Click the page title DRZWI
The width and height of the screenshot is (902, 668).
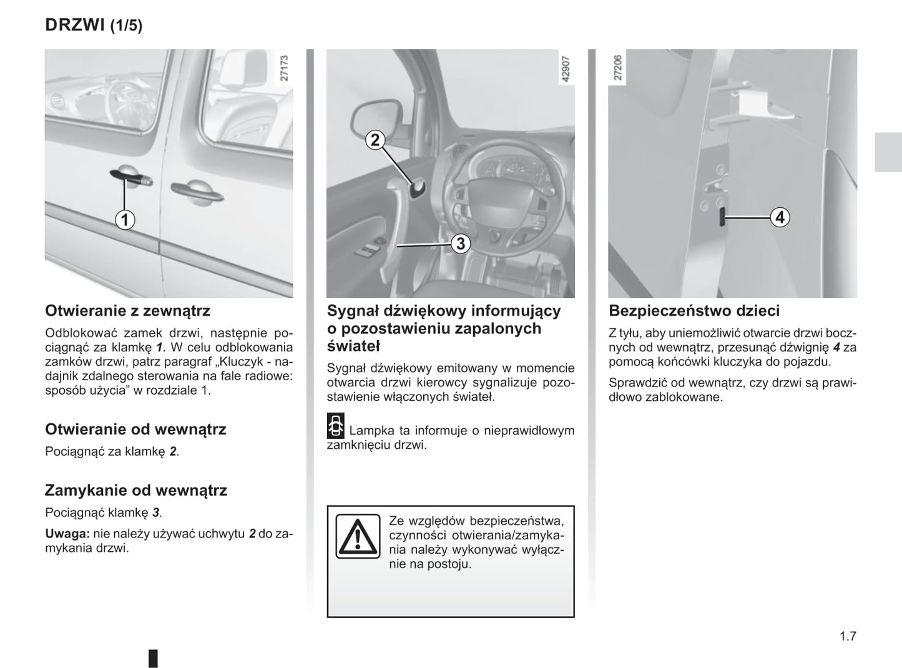click(74, 25)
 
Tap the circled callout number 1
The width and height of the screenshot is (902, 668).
click(125, 220)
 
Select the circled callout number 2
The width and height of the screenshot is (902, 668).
click(375, 140)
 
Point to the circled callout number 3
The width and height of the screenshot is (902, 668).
click(460, 243)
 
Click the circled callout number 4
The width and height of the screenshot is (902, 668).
click(779, 217)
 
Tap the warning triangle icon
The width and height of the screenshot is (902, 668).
click(358, 536)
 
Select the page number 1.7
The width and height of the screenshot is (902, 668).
click(848, 636)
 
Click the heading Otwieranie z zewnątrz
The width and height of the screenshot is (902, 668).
click(127, 311)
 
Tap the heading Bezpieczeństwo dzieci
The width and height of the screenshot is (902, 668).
click(694, 311)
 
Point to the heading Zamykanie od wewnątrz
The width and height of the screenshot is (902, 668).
click(136, 490)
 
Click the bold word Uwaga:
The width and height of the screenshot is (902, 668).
click(67, 534)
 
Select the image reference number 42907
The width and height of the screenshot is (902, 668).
click(566, 69)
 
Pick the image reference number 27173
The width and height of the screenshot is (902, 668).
click(284, 69)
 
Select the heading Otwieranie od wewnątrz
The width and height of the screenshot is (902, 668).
click(135, 430)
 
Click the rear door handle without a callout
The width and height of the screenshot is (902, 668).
click(197, 191)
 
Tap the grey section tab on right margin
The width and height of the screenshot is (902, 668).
click(888, 152)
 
